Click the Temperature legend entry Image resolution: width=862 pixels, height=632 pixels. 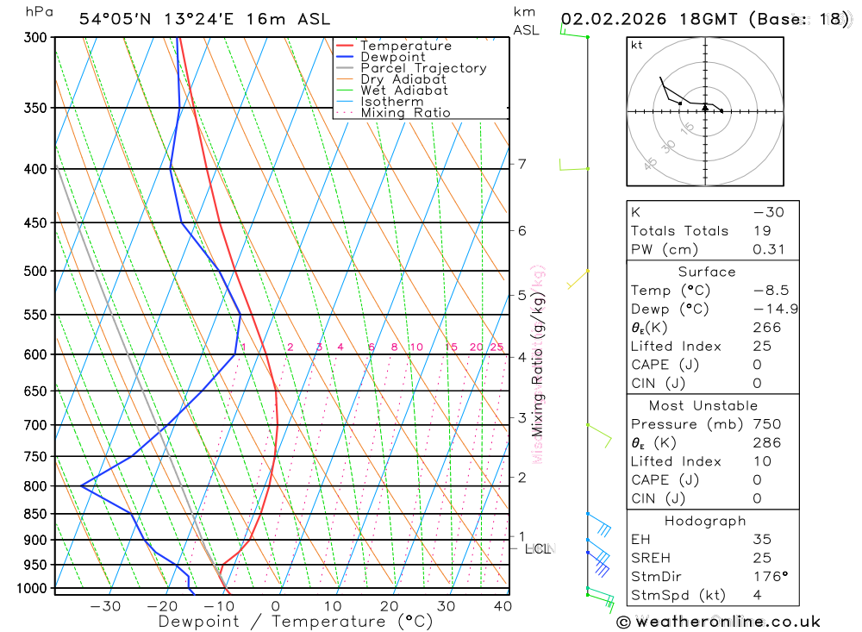(x=405, y=46)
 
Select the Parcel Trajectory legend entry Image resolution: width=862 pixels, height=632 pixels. (x=422, y=68)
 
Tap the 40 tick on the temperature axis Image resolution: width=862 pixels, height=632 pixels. (x=503, y=606)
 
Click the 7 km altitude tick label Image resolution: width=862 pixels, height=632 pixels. (x=522, y=164)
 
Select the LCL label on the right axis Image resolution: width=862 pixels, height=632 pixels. (x=538, y=548)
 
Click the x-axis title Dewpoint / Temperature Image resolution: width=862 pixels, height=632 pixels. (x=296, y=622)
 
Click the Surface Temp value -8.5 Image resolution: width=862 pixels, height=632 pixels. (x=771, y=291)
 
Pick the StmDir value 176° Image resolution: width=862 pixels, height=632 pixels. (x=769, y=577)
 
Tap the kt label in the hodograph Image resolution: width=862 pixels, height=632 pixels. (x=637, y=45)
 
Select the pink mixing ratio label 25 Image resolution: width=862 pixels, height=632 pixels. (x=497, y=347)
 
